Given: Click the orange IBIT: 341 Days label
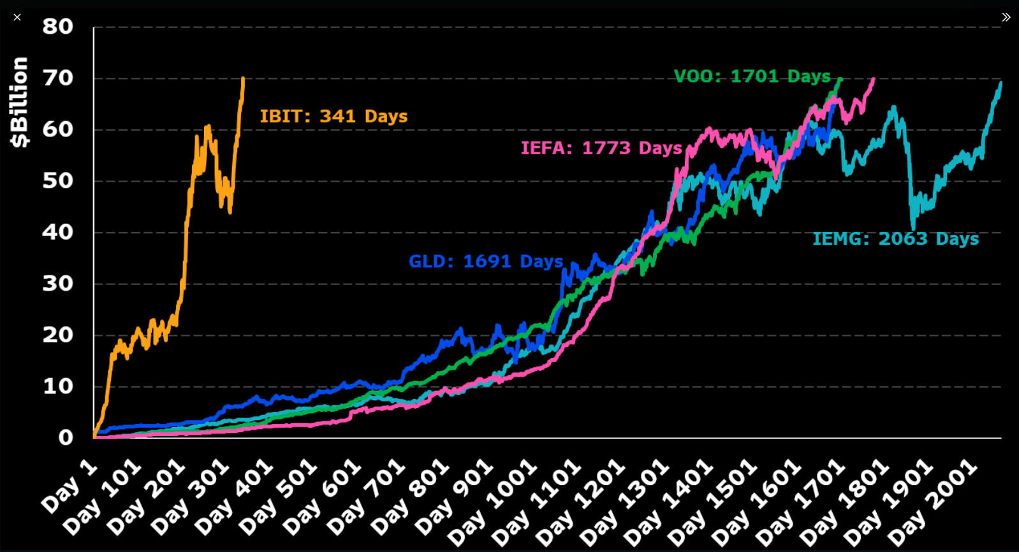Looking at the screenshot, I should pos(334,117).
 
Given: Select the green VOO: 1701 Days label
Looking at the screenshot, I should pos(752,76).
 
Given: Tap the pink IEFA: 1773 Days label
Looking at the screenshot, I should pos(601,148).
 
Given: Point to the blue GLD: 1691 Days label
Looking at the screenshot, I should pos(486,261).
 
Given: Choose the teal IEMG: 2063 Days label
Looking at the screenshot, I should pos(895,239).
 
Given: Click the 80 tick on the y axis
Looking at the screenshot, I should pos(58,27).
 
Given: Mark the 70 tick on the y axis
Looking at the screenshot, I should pos(58,78).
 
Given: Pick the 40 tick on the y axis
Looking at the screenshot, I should pos(58,232).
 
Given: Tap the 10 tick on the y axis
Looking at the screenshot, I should pos(58,386).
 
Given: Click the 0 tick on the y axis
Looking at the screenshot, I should pos(66,438).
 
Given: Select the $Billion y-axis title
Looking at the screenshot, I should pos(20,102).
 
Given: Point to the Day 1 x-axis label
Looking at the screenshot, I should pos(70,486).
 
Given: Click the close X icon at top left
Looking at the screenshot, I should pos(17,17).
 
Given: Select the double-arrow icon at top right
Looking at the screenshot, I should pos(1006,17).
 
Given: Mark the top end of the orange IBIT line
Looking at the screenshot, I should pos(243,78).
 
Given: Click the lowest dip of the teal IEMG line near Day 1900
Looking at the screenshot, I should pos(914,228).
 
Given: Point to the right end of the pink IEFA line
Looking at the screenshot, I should pos(874,79).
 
